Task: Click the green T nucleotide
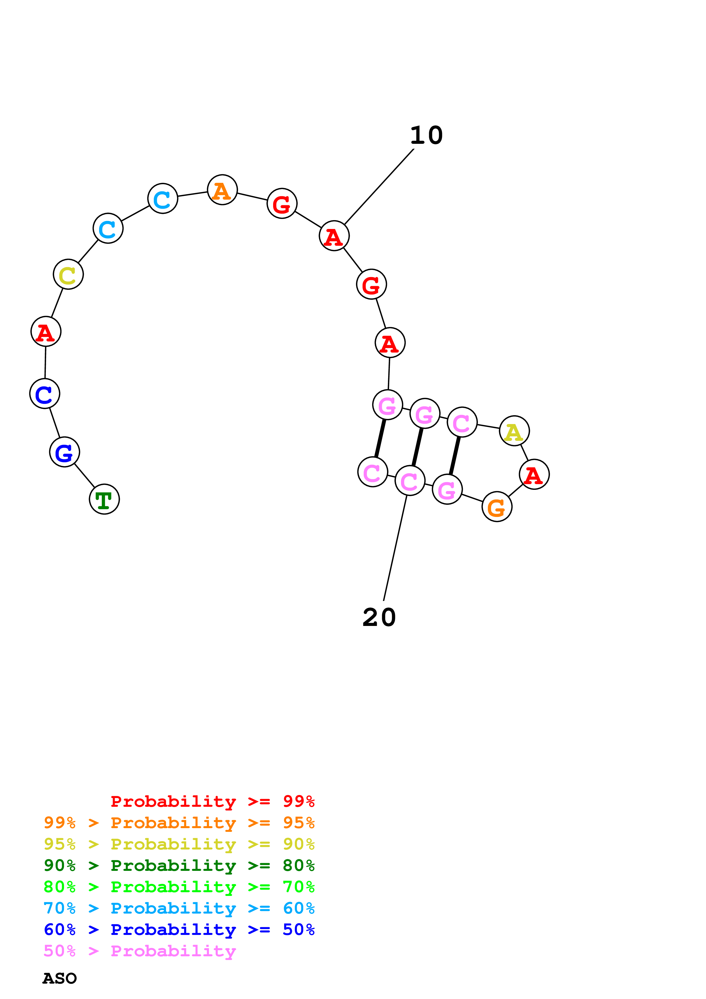pyautogui.click(x=105, y=499)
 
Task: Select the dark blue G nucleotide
pyautogui.click(x=64, y=452)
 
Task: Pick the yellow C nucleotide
pyautogui.click(x=68, y=274)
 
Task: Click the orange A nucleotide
pyautogui.click(x=222, y=190)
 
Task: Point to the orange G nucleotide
pyautogui.click(x=497, y=506)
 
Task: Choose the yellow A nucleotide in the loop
pyautogui.click(x=514, y=431)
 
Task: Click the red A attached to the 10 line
pyautogui.click(x=334, y=236)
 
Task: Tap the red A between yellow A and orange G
pyautogui.click(x=534, y=474)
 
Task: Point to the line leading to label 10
pyautogui.click(x=378, y=187)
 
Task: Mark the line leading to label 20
pyautogui.click(x=395, y=548)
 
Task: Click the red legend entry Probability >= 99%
pyautogui.click(x=212, y=801)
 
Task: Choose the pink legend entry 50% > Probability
pyautogui.click(x=140, y=951)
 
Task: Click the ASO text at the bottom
pyautogui.click(x=60, y=978)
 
